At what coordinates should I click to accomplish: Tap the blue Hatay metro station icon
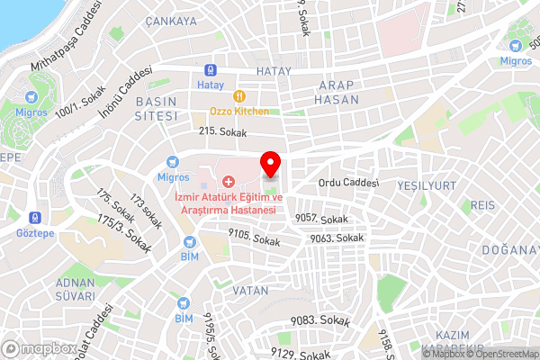209,69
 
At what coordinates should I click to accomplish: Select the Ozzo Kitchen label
238,112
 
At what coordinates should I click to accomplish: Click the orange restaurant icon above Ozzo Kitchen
238,96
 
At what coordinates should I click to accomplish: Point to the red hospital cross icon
227,184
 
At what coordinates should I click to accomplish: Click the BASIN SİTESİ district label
155,109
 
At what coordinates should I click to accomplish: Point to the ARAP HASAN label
337,92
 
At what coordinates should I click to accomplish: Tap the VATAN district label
250,291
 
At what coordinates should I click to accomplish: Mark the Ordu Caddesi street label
348,183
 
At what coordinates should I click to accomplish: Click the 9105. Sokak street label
254,239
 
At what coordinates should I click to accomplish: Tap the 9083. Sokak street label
325,320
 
